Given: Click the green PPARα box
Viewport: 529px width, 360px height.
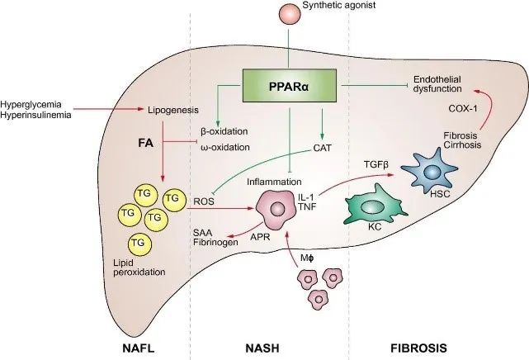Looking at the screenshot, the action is pyautogui.click(x=290, y=86).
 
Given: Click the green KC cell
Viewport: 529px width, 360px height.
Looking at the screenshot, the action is pyautogui.click(x=374, y=205).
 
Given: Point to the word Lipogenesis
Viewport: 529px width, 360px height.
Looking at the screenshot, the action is pyautogui.click(x=173, y=110).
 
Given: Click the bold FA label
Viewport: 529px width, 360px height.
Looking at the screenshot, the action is pyautogui.click(x=146, y=143).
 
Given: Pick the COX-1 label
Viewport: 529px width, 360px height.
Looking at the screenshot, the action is pyautogui.click(x=463, y=109).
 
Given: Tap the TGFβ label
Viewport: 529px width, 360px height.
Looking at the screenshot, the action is pyautogui.click(x=376, y=165).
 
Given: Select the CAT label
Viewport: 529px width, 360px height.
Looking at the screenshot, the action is pyautogui.click(x=323, y=148).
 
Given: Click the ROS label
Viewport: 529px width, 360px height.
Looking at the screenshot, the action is pyautogui.click(x=204, y=201).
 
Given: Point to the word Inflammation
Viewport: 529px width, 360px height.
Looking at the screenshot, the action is pyautogui.click(x=274, y=182).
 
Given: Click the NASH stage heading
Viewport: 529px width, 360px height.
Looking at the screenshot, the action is pyautogui.click(x=262, y=348).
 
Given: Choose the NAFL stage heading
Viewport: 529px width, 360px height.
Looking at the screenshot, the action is pyautogui.click(x=139, y=348).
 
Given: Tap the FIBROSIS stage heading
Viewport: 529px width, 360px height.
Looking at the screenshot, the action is pyautogui.click(x=418, y=348).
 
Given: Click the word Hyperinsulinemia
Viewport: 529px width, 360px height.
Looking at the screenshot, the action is pyautogui.click(x=36, y=115).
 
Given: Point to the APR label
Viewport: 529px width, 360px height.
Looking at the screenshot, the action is pyautogui.click(x=260, y=237).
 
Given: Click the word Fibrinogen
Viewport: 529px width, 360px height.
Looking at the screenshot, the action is pyautogui.click(x=215, y=242).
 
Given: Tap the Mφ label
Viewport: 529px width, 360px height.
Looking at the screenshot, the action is pyautogui.click(x=307, y=258).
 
